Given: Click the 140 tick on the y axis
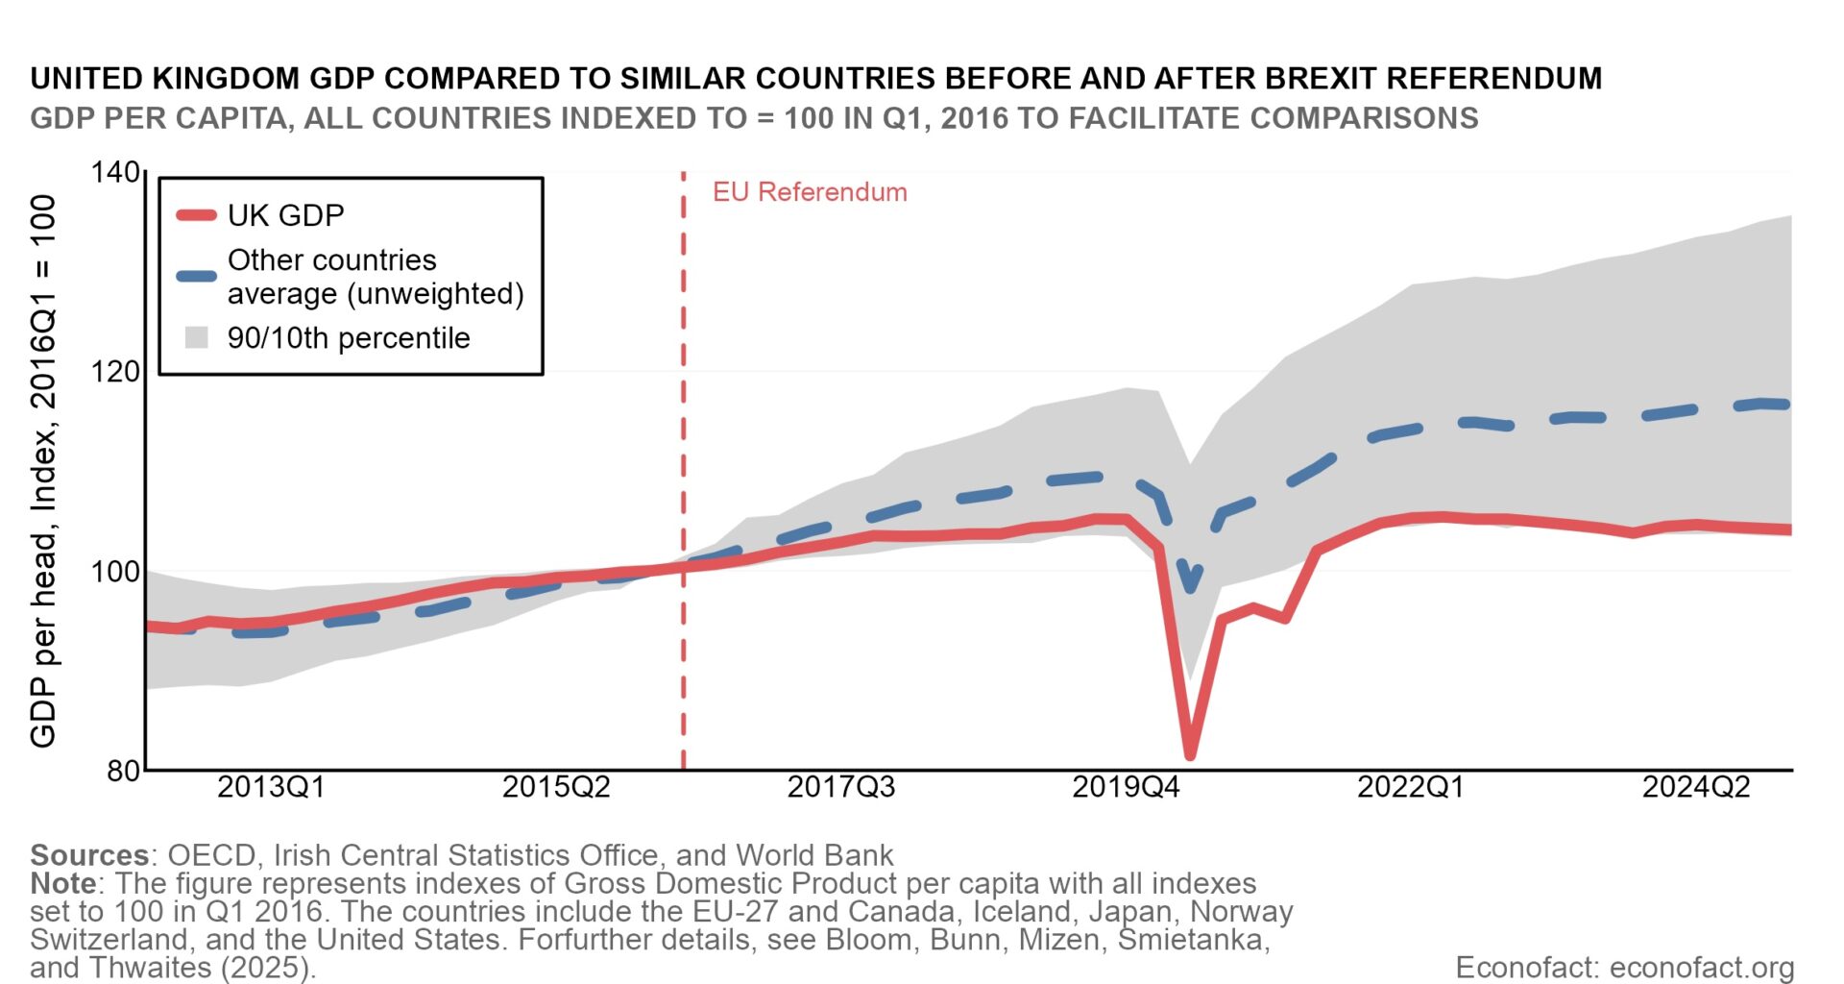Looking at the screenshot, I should tap(114, 173).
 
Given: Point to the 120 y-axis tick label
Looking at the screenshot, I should tap(114, 372).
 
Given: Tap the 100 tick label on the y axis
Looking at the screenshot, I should tap(114, 572).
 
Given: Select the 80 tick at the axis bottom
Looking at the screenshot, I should tap(123, 771).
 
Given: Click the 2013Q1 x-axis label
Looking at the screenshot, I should tap(271, 788).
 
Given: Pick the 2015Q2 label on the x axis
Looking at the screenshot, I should tap(556, 788).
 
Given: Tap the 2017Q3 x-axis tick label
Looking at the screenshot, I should tap(840, 788).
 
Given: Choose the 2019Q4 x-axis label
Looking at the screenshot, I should tap(1126, 788).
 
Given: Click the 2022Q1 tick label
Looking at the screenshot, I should tap(1410, 788).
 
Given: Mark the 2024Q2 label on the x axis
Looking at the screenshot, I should tap(1695, 788).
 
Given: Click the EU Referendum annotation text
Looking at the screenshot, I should tap(809, 192).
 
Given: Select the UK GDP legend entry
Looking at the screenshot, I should tap(285, 215).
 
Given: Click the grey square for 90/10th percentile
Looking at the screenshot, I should tap(197, 338).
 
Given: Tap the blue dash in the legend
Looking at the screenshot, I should tap(197, 277).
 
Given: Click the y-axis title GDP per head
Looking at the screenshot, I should tap(44, 471).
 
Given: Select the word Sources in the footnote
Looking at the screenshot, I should tap(88, 855).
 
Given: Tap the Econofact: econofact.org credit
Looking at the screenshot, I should tap(1624, 968).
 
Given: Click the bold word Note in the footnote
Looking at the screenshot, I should tap(62, 883).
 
